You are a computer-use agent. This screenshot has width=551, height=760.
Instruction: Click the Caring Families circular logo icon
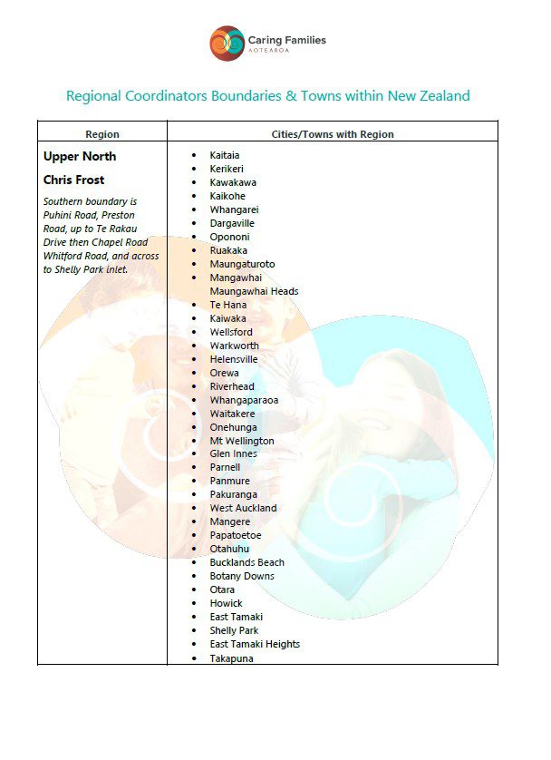pos(227,44)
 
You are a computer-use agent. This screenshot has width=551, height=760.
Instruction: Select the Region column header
pos(101,134)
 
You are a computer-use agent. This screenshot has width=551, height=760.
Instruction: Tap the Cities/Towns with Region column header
pos(333,134)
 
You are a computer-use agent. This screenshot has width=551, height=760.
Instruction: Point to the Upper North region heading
pos(80,156)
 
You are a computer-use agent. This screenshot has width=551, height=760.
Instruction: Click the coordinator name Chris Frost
pos(73,180)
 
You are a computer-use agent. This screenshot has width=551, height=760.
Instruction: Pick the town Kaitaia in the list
pos(225,155)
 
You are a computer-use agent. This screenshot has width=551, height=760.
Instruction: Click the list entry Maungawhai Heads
pos(254,291)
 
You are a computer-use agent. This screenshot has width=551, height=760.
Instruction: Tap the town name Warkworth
pos(234,346)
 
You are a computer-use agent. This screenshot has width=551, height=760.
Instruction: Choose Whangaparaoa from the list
pos(244,400)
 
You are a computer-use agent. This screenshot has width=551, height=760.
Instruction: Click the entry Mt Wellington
pos(241,441)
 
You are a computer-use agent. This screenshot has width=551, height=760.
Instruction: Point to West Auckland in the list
pos(243,508)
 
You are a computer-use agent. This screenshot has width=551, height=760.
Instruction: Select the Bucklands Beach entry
pos(246,562)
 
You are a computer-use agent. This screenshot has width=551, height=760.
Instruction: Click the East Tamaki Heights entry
pos(254,644)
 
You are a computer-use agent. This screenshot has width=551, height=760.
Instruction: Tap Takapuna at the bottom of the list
pos(231,658)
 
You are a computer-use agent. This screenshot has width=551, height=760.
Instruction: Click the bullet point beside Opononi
pos(193,237)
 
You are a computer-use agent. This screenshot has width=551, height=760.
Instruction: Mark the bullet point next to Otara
pos(193,589)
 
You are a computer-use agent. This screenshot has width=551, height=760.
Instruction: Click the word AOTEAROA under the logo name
pos(271,52)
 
